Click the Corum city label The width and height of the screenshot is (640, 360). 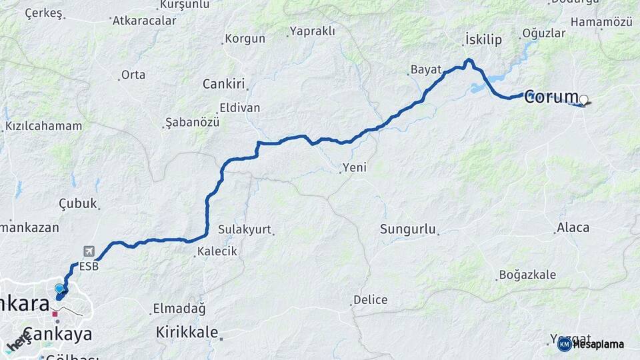(551, 97)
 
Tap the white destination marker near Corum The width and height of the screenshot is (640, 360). (584, 101)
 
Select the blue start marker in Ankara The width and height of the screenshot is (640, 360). (59, 289)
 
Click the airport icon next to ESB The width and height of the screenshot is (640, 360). (89, 251)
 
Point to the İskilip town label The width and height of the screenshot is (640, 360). (483, 40)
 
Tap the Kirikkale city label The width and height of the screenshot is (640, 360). (187, 331)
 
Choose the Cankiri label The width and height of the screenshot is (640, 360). (224, 84)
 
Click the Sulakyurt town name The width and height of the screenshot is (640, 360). (245, 230)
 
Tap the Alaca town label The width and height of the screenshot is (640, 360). (573, 228)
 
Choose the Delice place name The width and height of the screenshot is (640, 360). (371, 300)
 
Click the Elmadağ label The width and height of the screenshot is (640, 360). (179, 309)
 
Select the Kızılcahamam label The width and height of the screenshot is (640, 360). (44, 126)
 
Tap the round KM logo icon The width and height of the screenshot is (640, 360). (564, 345)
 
